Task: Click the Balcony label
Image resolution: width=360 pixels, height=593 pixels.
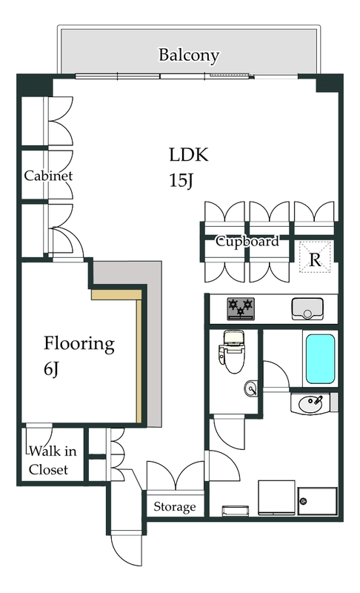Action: tap(188, 55)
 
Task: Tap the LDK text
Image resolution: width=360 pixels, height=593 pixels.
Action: tap(188, 155)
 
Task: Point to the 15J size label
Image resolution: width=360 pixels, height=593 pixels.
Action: tap(181, 180)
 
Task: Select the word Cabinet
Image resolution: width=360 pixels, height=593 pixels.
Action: tap(48, 176)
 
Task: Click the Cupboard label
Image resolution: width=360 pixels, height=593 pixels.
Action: tap(247, 242)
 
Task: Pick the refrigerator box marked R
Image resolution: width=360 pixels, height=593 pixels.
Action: tap(315, 257)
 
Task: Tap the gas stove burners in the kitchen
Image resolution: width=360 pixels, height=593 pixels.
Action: tap(241, 308)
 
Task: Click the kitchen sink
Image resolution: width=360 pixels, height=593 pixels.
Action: tap(307, 308)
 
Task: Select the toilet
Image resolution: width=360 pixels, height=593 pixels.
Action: tap(231, 351)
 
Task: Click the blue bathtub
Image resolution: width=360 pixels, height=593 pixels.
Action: tap(320, 359)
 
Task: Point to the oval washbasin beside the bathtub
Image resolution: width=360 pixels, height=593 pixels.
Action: tap(310, 403)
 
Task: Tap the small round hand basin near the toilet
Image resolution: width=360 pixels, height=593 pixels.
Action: tap(251, 388)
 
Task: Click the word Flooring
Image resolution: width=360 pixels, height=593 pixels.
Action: tap(79, 344)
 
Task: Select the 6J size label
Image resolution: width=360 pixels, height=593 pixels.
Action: tap(51, 369)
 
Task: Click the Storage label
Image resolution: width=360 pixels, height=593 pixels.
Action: tap(175, 507)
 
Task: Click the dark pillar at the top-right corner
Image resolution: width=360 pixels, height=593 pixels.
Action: tap(329, 84)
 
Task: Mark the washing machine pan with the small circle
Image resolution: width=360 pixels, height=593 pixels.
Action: tap(317, 501)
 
